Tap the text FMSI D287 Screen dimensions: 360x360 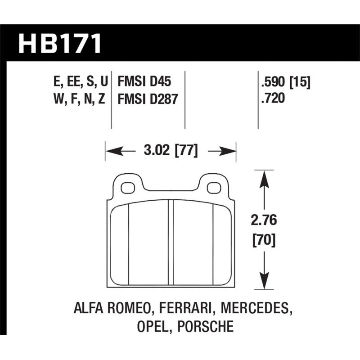pos(148,98)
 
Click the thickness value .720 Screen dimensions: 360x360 pos(272,98)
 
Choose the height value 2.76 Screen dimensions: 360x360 pos(263,221)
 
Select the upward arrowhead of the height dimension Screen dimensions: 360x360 pos(264,178)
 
